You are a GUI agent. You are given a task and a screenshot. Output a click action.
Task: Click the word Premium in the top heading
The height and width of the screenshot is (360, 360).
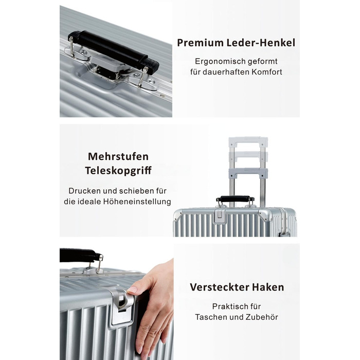tap(200, 43)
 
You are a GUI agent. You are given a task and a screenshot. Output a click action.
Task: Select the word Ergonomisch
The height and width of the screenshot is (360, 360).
tap(217, 62)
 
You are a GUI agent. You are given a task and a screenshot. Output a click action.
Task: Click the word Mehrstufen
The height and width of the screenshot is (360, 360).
tap(118, 156)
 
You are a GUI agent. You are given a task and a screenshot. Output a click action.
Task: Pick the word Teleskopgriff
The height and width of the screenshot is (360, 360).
tap(118, 171)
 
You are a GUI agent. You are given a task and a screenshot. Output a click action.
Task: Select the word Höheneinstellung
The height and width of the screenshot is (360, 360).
tap(137, 202)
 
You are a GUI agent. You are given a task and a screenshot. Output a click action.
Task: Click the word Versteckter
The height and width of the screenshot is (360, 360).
tap(219, 287)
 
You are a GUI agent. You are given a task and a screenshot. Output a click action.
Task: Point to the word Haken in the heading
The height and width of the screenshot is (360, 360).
tap(268, 287)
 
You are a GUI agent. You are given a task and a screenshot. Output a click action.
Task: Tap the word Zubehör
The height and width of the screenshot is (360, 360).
tap(262, 317)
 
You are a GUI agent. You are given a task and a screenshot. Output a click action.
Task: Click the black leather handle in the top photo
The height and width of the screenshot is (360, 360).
tap(114, 50)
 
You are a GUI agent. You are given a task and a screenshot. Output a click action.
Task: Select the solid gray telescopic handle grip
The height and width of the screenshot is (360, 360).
tap(248, 172)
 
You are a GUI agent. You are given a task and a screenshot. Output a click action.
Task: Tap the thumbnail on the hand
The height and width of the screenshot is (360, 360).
tap(132, 290)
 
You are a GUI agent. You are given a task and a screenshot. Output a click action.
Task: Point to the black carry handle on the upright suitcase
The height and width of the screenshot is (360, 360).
tap(235, 199)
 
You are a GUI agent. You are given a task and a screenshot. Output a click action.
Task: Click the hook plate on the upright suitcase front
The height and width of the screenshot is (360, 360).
tap(220, 215)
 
